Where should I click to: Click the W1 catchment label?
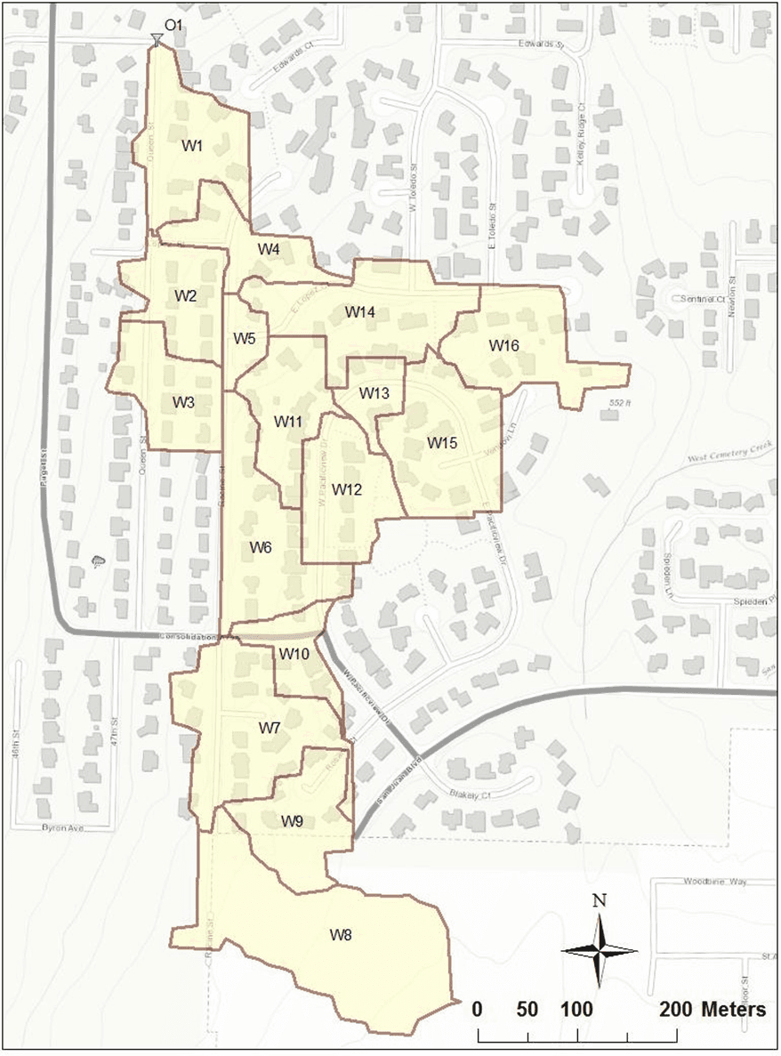pyautogui.click(x=194, y=145)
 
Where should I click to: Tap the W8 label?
pyautogui.click(x=341, y=935)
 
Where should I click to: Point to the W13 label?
pyautogui.click(x=374, y=393)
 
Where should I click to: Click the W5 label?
pyautogui.click(x=245, y=338)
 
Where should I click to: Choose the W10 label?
pyautogui.click(x=294, y=655)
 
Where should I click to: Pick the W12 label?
pyautogui.click(x=348, y=489)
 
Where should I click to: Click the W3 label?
pyautogui.click(x=184, y=402)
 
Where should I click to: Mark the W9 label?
pyautogui.click(x=293, y=820)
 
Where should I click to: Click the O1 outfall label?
pyautogui.click(x=173, y=26)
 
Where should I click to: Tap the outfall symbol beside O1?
pyautogui.click(x=157, y=39)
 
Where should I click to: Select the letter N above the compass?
pyautogui.click(x=600, y=900)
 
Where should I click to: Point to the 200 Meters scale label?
pyautogui.click(x=713, y=1010)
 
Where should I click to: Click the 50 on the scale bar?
pyautogui.click(x=527, y=1010)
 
